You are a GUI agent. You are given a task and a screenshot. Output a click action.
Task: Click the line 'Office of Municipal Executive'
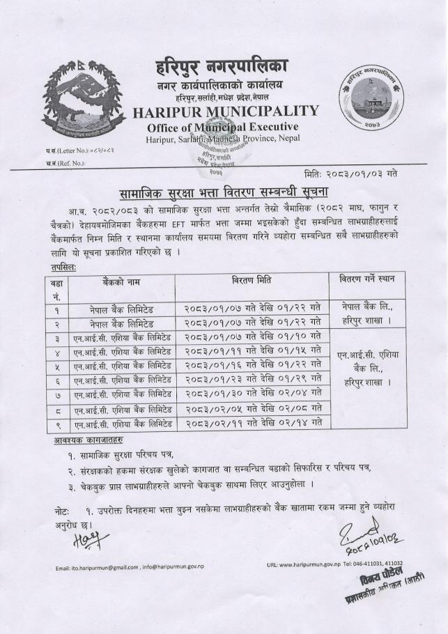[x=223, y=127]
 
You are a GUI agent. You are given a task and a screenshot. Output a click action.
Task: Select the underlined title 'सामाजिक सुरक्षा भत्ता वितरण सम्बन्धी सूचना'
[x=223, y=192]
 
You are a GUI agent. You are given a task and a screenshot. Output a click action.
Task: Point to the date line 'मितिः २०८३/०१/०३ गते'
[x=355, y=171]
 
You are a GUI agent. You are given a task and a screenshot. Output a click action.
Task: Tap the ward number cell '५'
[x=56, y=366]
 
